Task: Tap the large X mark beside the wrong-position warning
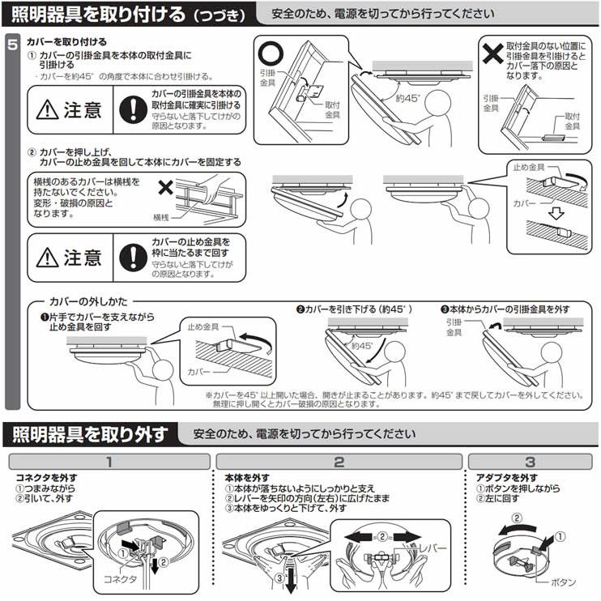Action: click(x=491, y=53)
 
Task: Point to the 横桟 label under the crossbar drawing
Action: click(x=162, y=218)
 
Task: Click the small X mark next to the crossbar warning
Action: click(x=166, y=188)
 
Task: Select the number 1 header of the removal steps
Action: click(x=108, y=462)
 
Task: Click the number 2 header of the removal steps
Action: click(x=339, y=462)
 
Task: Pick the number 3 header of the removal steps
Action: click(x=530, y=462)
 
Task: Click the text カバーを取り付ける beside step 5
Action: click(x=66, y=40)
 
